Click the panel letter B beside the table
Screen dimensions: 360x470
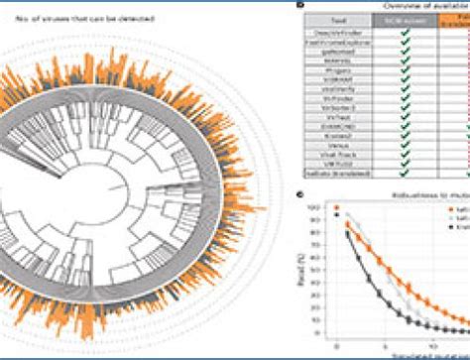click(300, 6)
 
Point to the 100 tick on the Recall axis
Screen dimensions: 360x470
click(318, 207)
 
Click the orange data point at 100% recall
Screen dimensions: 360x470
click(338, 208)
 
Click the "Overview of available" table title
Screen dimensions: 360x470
click(397, 7)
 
